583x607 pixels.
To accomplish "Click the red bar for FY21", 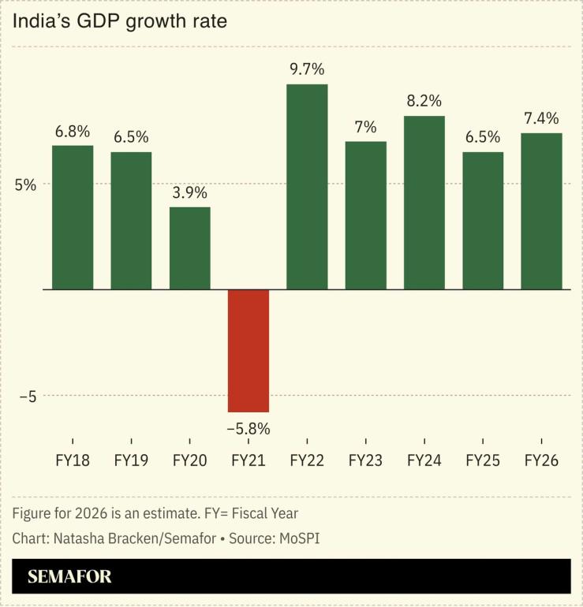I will [x=249, y=351].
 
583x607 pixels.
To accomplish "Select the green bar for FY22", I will [x=307, y=187].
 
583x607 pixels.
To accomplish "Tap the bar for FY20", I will [x=190, y=248].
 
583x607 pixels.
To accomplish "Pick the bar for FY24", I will [x=424, y=203].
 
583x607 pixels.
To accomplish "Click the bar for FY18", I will [x=73, y=218].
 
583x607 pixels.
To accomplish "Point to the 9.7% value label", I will [x=307, y=69].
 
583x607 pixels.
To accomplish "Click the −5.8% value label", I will [x=249, y=429].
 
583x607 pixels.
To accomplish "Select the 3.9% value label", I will [x=190, y=192].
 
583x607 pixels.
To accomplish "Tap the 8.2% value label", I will [x=424, y=101].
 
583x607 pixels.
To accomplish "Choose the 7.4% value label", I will [x=541, y=118].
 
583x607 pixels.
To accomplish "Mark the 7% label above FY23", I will [x=365, y=127].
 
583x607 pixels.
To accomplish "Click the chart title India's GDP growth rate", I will [x=119, y=21].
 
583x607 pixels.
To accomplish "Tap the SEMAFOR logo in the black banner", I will [x=69, y=577].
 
